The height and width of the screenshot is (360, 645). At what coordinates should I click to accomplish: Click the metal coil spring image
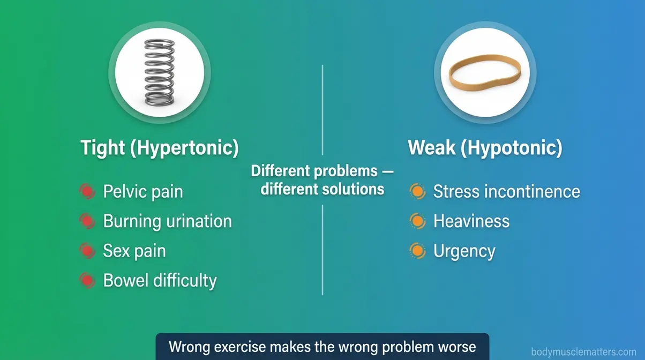pos(159,72)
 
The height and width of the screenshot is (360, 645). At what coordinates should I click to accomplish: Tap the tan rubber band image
pos(484,73)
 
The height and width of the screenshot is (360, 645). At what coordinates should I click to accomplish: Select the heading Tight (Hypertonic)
pos(159,148)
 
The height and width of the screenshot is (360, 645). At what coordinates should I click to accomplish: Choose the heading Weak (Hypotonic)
pos(485,148)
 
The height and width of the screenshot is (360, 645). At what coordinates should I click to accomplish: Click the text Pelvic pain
pos(142,192)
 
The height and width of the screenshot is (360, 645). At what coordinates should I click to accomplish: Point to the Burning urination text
pos(167,221)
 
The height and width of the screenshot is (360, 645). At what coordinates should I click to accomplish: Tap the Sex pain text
pos(134,251)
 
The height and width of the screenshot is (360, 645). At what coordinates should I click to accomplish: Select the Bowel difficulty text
pos(160,280)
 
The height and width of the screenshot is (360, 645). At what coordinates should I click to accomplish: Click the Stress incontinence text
pos(506,191)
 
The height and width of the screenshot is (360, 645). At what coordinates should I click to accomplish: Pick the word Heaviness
pos(471,221)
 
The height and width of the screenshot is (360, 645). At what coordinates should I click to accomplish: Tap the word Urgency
pos(464,251)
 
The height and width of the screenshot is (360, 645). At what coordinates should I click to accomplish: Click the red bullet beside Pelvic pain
pos(86,192)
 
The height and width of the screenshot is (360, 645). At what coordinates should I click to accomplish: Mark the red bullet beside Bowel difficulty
pos(86,280)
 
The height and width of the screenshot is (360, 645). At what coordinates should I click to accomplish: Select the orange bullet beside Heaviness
pos(417,221)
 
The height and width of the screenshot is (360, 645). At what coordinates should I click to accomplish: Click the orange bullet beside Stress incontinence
pos(417,191)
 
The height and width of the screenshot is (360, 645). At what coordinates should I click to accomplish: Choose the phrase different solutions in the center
pos(322,189)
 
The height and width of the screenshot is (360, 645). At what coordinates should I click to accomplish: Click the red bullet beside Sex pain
pos(86,251)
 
